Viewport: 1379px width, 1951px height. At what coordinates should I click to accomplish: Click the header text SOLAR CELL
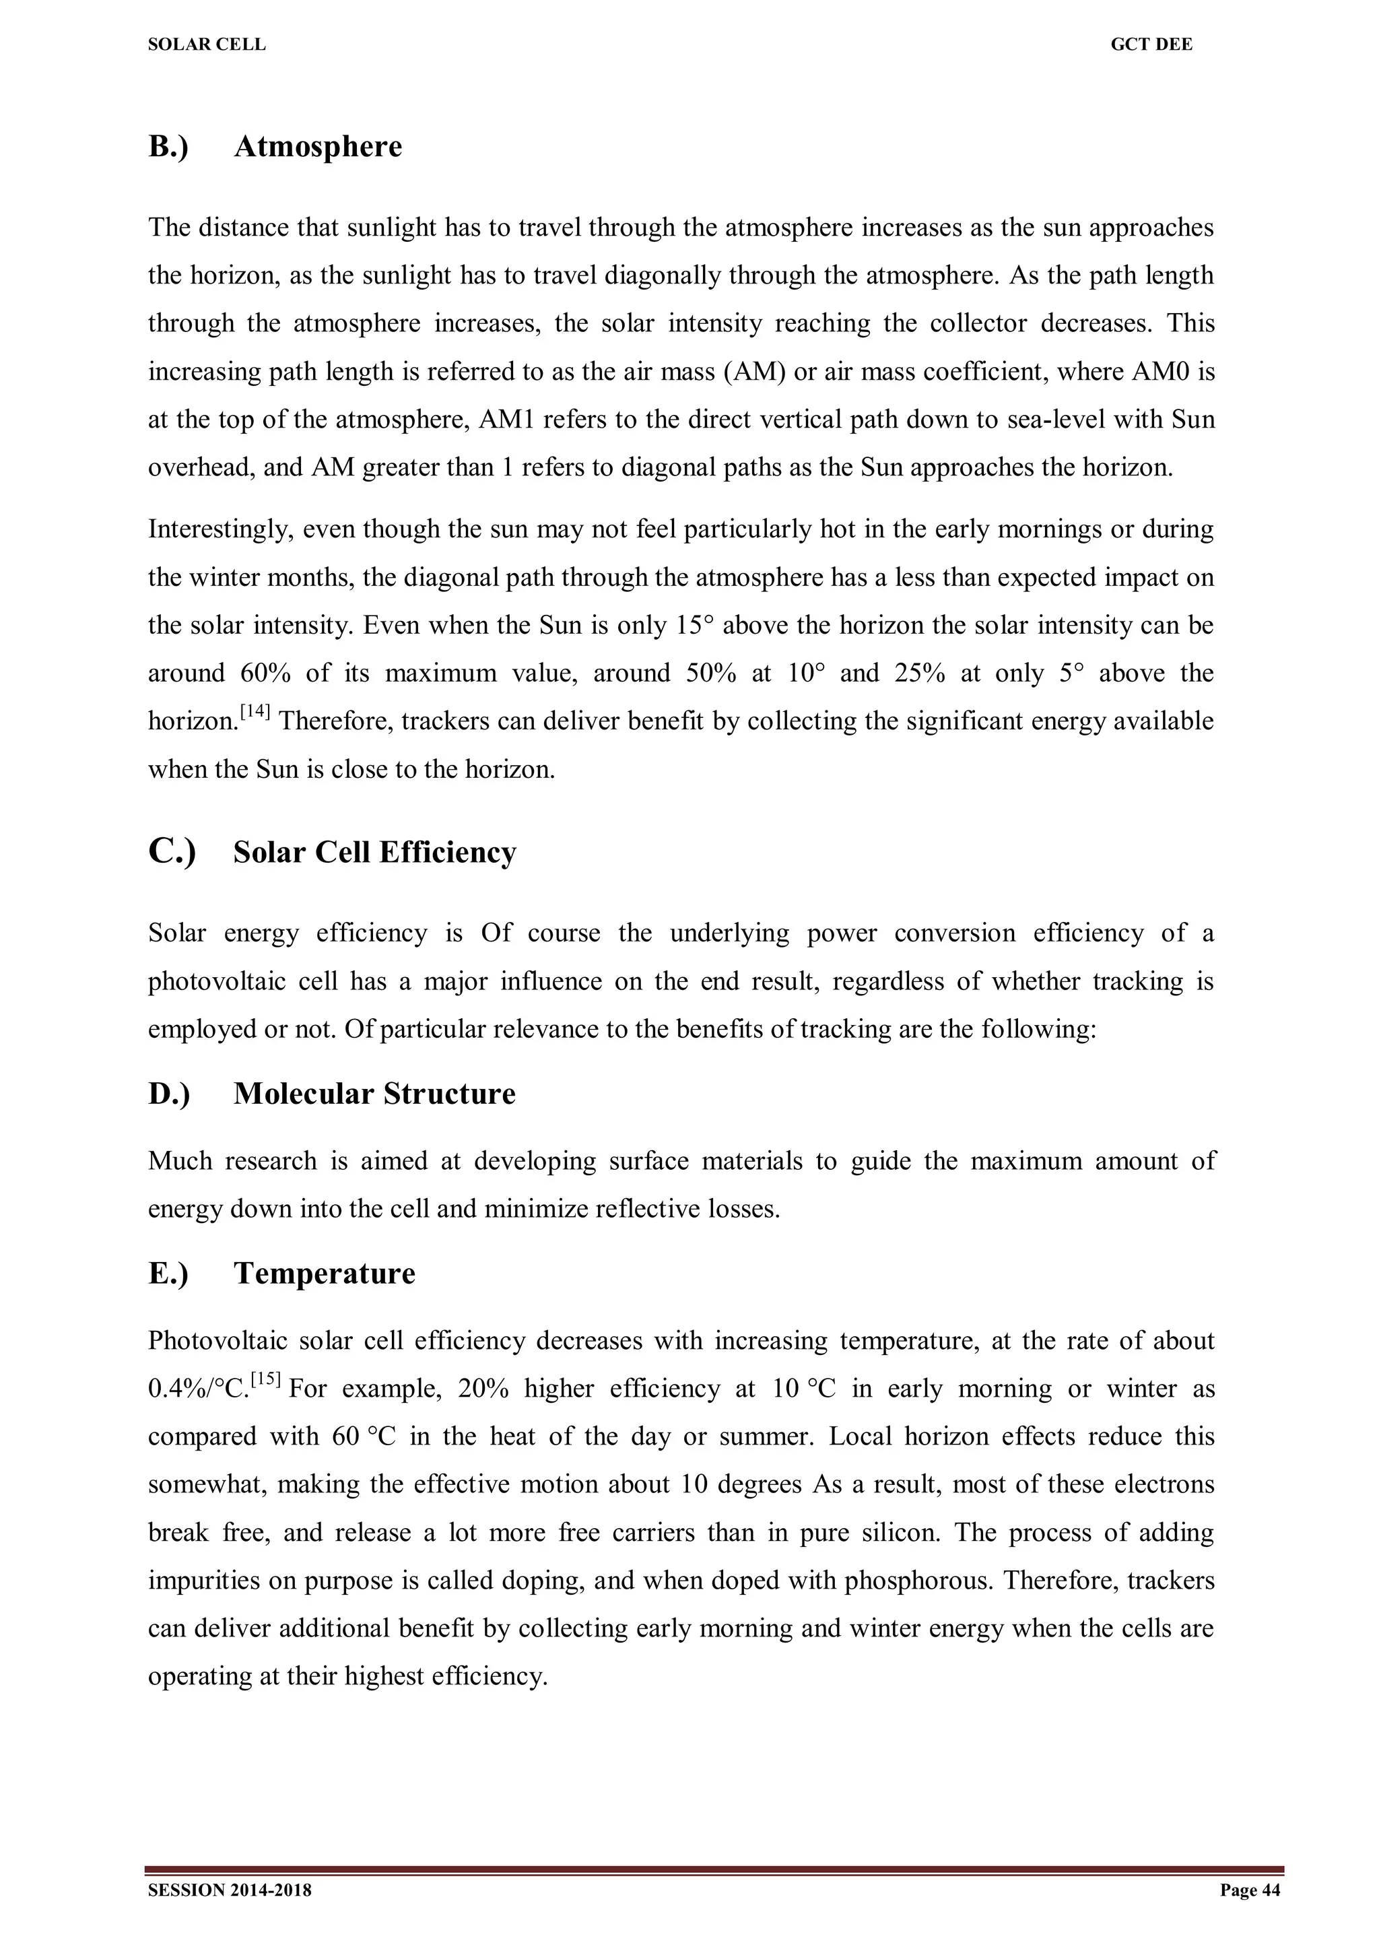click(x=207, y=45)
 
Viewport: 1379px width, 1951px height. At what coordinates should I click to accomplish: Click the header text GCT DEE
click(x=1151, y=45)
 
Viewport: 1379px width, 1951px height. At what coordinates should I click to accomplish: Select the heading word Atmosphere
click(x=318, y=147)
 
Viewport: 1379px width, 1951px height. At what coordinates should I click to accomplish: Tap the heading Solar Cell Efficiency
click(x=374, y=853)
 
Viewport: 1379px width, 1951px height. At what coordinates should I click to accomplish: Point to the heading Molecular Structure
click(x=374, y=1094)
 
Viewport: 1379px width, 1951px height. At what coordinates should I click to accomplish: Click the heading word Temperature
click(x=325, y=1274)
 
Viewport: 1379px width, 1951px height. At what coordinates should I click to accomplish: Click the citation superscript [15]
click(x=267, y=1380)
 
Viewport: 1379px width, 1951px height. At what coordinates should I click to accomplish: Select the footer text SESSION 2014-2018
click(x=230, y=1890)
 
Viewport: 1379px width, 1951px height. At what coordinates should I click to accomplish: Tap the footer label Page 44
click(x=1249, y=1890)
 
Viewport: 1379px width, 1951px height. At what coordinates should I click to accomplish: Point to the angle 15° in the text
click(x=695, y=626)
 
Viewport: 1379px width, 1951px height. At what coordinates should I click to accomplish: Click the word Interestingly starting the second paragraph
click(x=218, y=530)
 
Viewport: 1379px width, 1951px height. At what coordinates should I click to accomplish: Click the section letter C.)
click(x=172, y=851)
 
